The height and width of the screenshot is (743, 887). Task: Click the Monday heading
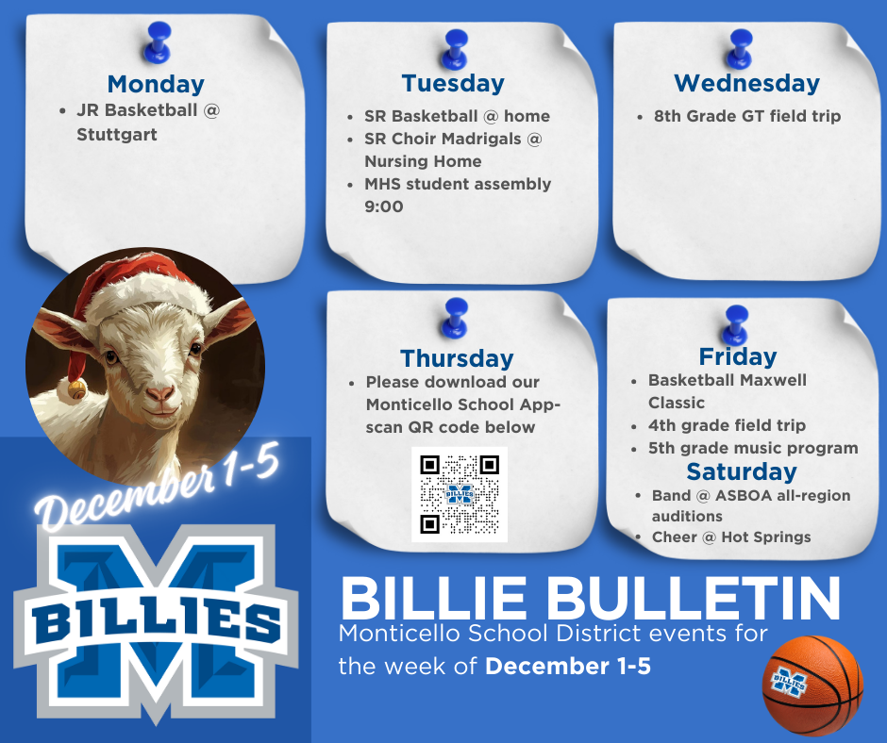tap(156, 84)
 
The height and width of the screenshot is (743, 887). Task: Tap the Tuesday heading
tap(453, 83)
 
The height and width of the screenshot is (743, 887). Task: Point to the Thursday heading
tap(457, 358)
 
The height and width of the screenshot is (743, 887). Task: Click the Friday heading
tap(738, 356)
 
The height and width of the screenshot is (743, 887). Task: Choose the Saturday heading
tap(741, 471)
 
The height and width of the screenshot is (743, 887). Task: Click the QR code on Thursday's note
tap(460, 494)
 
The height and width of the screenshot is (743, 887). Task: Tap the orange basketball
tap(812, 685)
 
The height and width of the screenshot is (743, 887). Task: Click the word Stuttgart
tap(117, 135)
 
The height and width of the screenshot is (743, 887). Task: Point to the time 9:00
tap(384, 206)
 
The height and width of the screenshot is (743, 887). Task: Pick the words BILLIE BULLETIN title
tap(590, 597)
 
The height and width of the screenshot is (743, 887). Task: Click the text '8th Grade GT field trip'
tap(746, 117)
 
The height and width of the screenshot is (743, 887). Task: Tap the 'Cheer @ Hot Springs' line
tap(730, 537)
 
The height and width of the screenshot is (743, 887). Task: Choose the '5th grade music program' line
tap(752, 448)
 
